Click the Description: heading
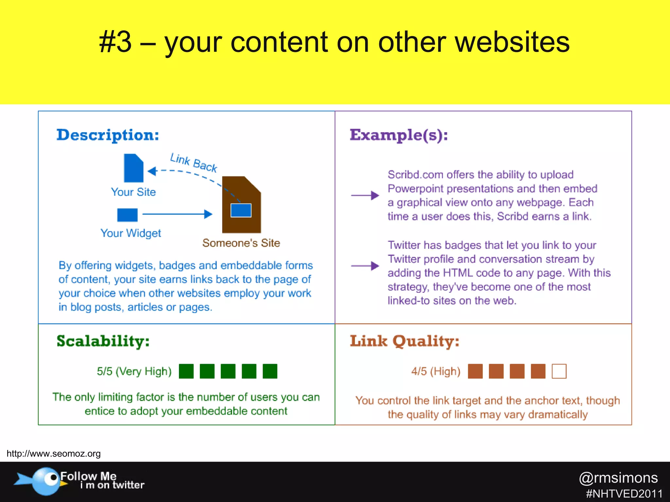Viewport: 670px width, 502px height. (x=108, y=135)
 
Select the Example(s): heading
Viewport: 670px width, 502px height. (x=398, y=135)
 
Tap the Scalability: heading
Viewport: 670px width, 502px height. (x=103, y=341)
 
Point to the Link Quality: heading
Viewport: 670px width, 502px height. (x=404, y=341)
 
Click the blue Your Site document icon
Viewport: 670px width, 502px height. (x=133, y=168)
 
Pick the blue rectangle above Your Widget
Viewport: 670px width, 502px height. (x=127, y=215)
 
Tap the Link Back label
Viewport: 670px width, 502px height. (x=194, y=162)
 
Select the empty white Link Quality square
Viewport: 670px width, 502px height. (x=559, y=371)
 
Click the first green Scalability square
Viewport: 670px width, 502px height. (x=186, y=371)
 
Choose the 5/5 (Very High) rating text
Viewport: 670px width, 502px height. (x=134, y=371)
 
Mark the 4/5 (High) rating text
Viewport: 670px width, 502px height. (x=436, y=371)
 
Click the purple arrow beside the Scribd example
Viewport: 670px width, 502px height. (x=365, y=195)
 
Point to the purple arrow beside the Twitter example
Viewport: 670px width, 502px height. (x=365, y=266)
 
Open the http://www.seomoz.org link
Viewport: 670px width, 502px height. (x=54, y=454)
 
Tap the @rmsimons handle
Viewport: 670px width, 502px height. (x=618, y=478)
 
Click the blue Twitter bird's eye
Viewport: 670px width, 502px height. (x=53, y=478)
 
